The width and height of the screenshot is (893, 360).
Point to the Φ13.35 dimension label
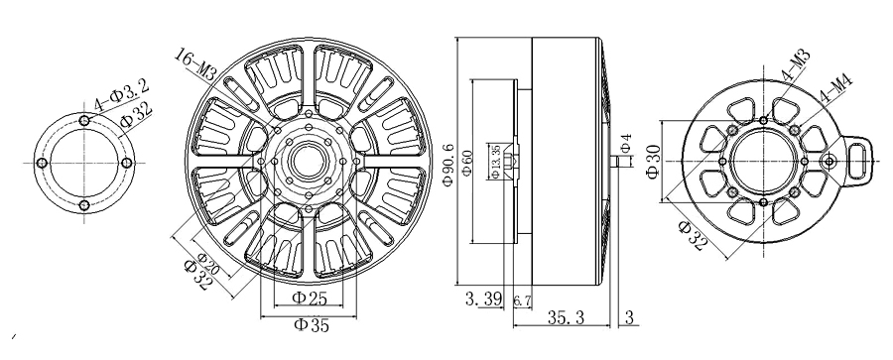click(494, 162)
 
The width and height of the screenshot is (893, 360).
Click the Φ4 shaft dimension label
click(626, 143)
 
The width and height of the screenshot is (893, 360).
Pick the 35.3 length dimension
click(567, 316)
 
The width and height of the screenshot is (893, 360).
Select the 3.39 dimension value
click(483, 300)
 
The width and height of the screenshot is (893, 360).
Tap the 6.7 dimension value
click(522, 300)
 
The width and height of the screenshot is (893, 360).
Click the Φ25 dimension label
click(310, 298)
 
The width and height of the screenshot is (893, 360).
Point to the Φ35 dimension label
click(312, 325)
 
